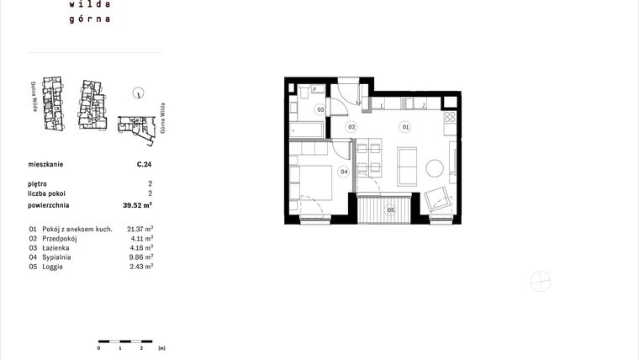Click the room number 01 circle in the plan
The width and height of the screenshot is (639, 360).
point(405,127)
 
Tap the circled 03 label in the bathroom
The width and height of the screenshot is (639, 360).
point(320,110)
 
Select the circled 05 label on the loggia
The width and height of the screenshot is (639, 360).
point(390,210)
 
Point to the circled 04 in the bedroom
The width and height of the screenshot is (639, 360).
point(344,172)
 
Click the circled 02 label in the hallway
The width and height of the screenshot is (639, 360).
point(353,127)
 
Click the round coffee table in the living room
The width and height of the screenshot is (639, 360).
point(436,168)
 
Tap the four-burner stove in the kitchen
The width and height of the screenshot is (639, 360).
point(450,119)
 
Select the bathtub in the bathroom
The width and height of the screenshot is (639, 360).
point(306,130)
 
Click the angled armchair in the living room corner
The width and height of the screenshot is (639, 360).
point(438,200)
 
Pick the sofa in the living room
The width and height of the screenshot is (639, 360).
point(408,167)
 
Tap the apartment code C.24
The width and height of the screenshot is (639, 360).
point(144,166)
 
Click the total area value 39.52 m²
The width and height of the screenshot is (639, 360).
point(137,204)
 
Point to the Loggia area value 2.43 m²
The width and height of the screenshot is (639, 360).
point(140,267)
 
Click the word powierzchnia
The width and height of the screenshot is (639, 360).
point(48,204)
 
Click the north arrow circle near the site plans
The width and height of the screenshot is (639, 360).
point(139,95)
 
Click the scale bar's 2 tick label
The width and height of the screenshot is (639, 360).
point(141,347)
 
